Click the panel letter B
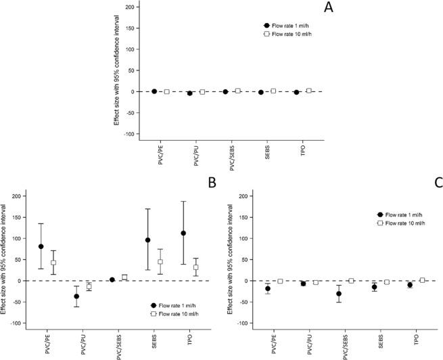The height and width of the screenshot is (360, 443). point(211,181)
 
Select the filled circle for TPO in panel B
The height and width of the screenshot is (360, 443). point(183,233)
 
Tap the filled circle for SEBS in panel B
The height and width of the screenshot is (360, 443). point(147,240)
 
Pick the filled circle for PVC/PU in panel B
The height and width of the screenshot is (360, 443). point(76,296)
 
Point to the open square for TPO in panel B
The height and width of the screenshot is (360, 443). point(195,267)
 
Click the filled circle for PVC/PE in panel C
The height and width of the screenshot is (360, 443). point(268,289)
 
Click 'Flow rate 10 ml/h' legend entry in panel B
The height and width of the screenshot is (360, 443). point(176,313)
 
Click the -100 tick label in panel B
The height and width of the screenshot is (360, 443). point(16,323)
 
